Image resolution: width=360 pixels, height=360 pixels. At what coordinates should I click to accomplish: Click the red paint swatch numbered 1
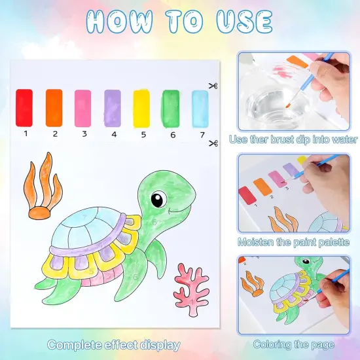pyautogui.click(x=25, y=108)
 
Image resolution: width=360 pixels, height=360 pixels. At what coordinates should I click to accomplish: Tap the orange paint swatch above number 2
pyautogui.click(x=54, y=108)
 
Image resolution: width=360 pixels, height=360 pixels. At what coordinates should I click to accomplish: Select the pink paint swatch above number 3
pyautogui.click(x=83, y=108)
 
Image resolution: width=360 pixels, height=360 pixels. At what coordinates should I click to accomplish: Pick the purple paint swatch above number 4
pyautogui.click(x=113, y=108)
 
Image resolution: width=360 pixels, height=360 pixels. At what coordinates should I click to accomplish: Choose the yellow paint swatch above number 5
pyautogui.click(x=141, y=108)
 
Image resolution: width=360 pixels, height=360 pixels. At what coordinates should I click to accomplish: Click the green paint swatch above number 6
pyautogui.click(x=171, y=108)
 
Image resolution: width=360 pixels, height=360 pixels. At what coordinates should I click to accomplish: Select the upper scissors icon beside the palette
pyautogui.click(x=213, y=86)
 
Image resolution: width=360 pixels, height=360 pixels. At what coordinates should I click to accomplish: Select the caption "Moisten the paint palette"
pyautogui.click(x=293, y=242)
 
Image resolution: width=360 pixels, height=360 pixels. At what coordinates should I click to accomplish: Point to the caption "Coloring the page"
pyautogui.click(x=293, y=344)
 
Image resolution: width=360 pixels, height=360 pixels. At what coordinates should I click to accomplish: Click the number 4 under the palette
pyautogui.click(x=113, y=134)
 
